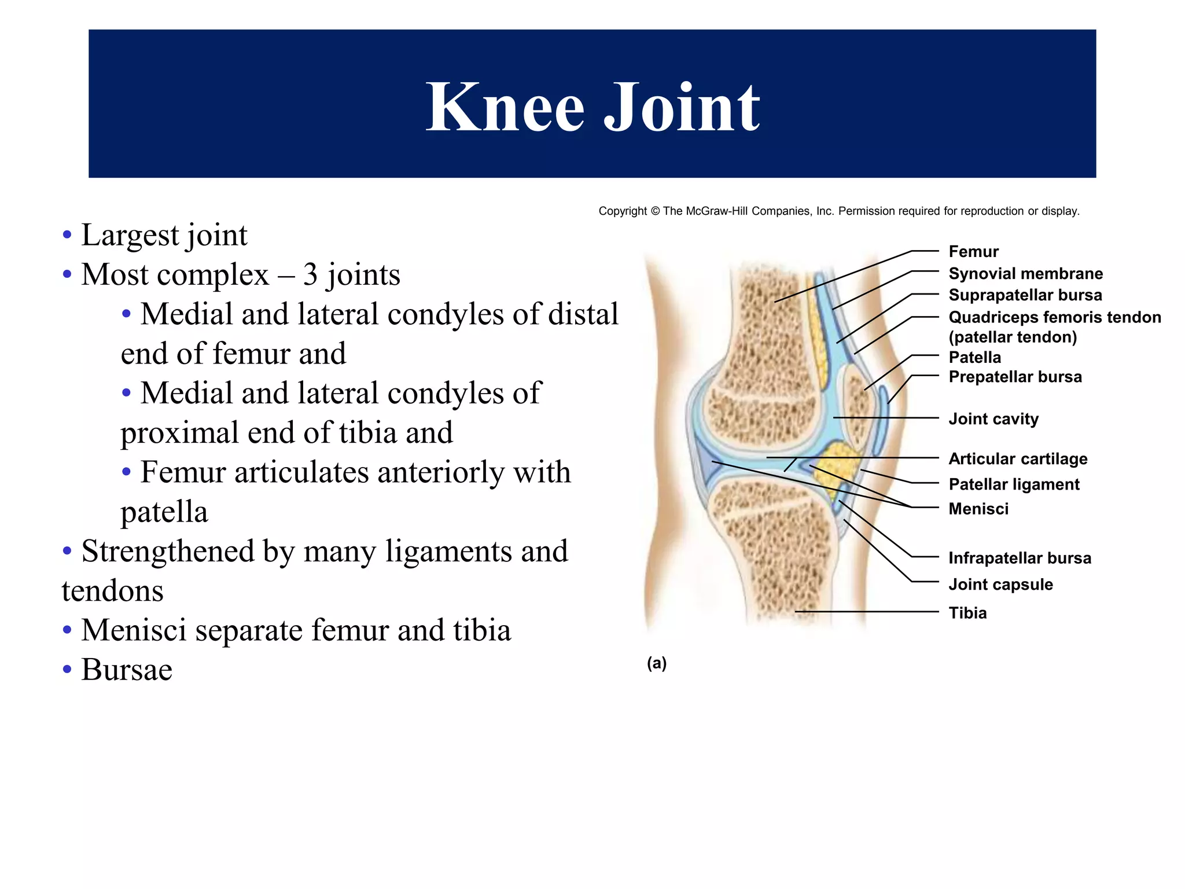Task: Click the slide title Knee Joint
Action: point(592,107)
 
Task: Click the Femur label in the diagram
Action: point(973,252)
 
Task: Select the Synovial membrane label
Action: point(1025,274)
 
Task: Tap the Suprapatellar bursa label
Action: point(1025,295)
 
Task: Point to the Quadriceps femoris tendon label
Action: point(1054,318)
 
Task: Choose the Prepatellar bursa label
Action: point(1015,377)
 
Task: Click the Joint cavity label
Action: point(993,419)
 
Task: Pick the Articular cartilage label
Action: point(1018,459)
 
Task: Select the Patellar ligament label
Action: point(1014,484)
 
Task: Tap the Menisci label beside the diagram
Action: point(978,509)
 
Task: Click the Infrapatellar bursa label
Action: point(1020,559)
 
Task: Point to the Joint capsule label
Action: point(1000,585)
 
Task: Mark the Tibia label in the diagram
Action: point(967,613)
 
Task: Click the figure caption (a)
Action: point(657,663)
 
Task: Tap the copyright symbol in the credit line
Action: point(655,211)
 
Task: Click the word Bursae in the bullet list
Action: point(127,670)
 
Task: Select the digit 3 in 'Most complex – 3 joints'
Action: point(310,274)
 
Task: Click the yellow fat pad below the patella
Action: point(836,463)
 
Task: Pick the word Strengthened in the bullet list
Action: point(168,551)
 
